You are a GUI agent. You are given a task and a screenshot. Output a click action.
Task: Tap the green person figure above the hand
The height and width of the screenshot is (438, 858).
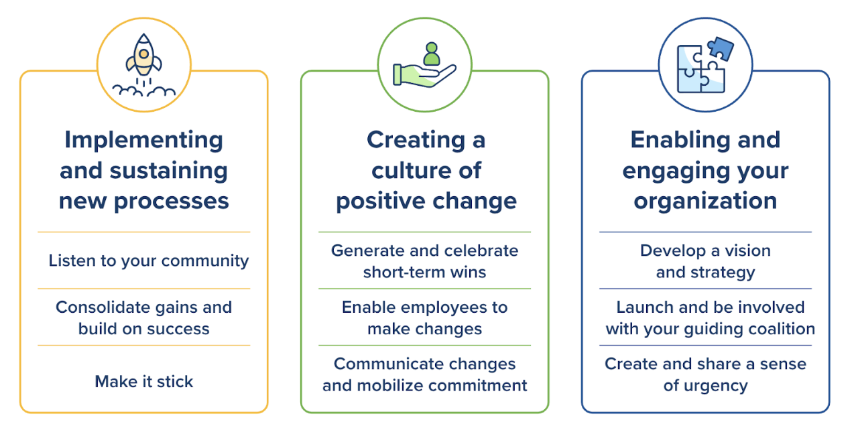pos(431,54)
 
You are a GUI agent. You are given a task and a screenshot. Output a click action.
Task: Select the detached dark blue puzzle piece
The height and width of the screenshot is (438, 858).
pos(720,48)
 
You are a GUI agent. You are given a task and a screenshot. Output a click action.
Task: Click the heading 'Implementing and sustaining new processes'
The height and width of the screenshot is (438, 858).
pos(143,170)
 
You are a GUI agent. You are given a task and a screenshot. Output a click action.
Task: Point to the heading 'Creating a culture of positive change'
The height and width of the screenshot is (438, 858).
pos(426,170)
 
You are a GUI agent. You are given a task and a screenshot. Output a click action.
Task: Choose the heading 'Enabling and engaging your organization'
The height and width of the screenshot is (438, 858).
pos(705,170)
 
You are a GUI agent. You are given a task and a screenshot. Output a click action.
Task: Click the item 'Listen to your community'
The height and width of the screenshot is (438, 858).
pos(148,261)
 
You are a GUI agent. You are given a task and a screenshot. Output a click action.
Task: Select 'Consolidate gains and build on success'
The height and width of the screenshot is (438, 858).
pos(143,317)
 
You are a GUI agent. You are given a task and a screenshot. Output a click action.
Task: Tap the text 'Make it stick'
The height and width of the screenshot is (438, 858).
pos(143,382)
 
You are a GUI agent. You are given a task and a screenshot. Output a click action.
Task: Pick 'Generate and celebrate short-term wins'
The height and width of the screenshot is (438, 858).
pos(424,261)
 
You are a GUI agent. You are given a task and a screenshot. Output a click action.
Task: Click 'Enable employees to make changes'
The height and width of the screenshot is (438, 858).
pos(424,317)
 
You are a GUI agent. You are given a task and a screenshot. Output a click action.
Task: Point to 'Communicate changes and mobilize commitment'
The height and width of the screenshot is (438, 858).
pos(424,374)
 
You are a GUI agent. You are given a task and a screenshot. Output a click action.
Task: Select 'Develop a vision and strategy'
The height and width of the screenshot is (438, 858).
pos(705,261)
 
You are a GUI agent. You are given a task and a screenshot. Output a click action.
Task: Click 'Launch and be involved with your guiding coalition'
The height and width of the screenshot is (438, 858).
pos(710,317)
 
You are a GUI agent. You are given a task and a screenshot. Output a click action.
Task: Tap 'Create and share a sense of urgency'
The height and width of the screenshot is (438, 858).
pos(705,374)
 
